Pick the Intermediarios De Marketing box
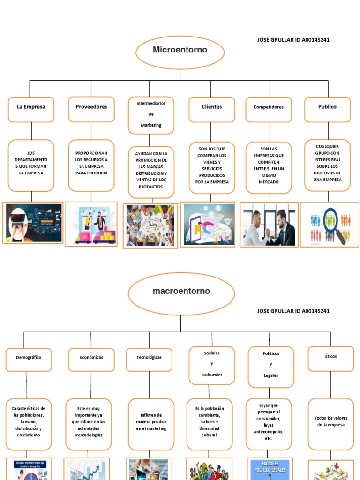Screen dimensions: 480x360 (151, 115)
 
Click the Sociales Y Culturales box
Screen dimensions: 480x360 (212, 364)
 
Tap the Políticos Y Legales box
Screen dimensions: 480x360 (271, 367)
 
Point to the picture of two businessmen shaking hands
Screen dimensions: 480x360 (269, 225)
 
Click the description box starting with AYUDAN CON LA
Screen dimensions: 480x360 (151, 172)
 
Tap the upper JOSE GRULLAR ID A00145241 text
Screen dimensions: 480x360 (293, 40)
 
